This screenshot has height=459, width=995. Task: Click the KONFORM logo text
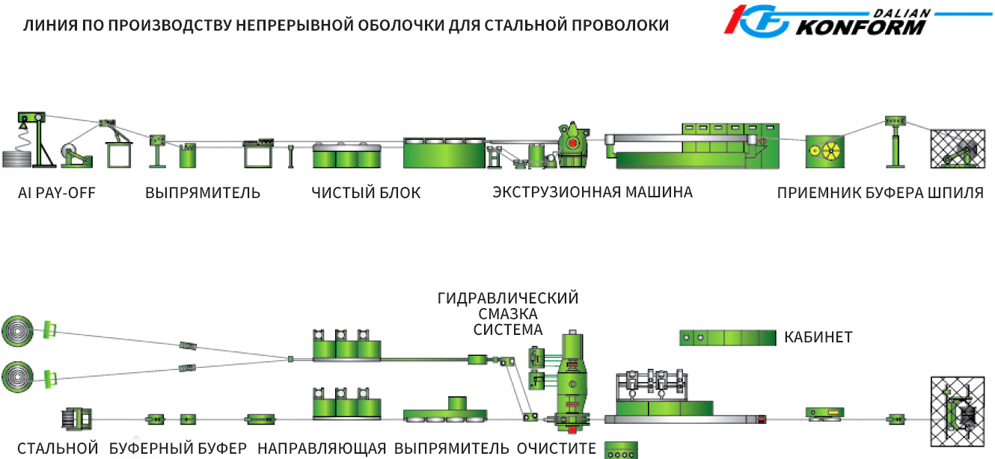click(x=860, y=28)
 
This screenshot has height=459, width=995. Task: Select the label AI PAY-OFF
click(x=57, y=193)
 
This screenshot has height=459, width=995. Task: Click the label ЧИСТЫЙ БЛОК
click(x=366, y=193)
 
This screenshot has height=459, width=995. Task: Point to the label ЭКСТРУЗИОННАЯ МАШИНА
click(x=593, y=192)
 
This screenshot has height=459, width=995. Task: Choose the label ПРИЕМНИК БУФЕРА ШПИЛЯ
click(x=880, y=193)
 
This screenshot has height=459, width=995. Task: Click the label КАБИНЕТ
click(x=818, y=337)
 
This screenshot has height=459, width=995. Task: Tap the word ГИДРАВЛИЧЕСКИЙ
click(x=508, y=298)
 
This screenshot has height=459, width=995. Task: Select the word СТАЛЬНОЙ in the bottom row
click(x=58, y=449)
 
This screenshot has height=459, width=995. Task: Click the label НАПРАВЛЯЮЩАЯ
click(x=322, y=449)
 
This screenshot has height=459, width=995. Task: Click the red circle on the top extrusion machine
click(x=572, y=142)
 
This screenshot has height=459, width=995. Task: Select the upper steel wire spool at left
click(x=19, y=329)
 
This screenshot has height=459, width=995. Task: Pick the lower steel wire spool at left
click(x=19, y=374)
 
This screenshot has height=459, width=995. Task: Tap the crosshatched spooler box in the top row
click(x=957, y=148)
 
